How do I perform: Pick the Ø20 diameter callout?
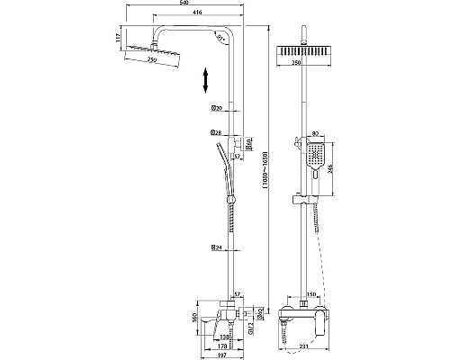[216, 107]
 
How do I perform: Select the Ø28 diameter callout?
[216, 132]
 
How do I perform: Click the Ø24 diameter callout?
[217, 247]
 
